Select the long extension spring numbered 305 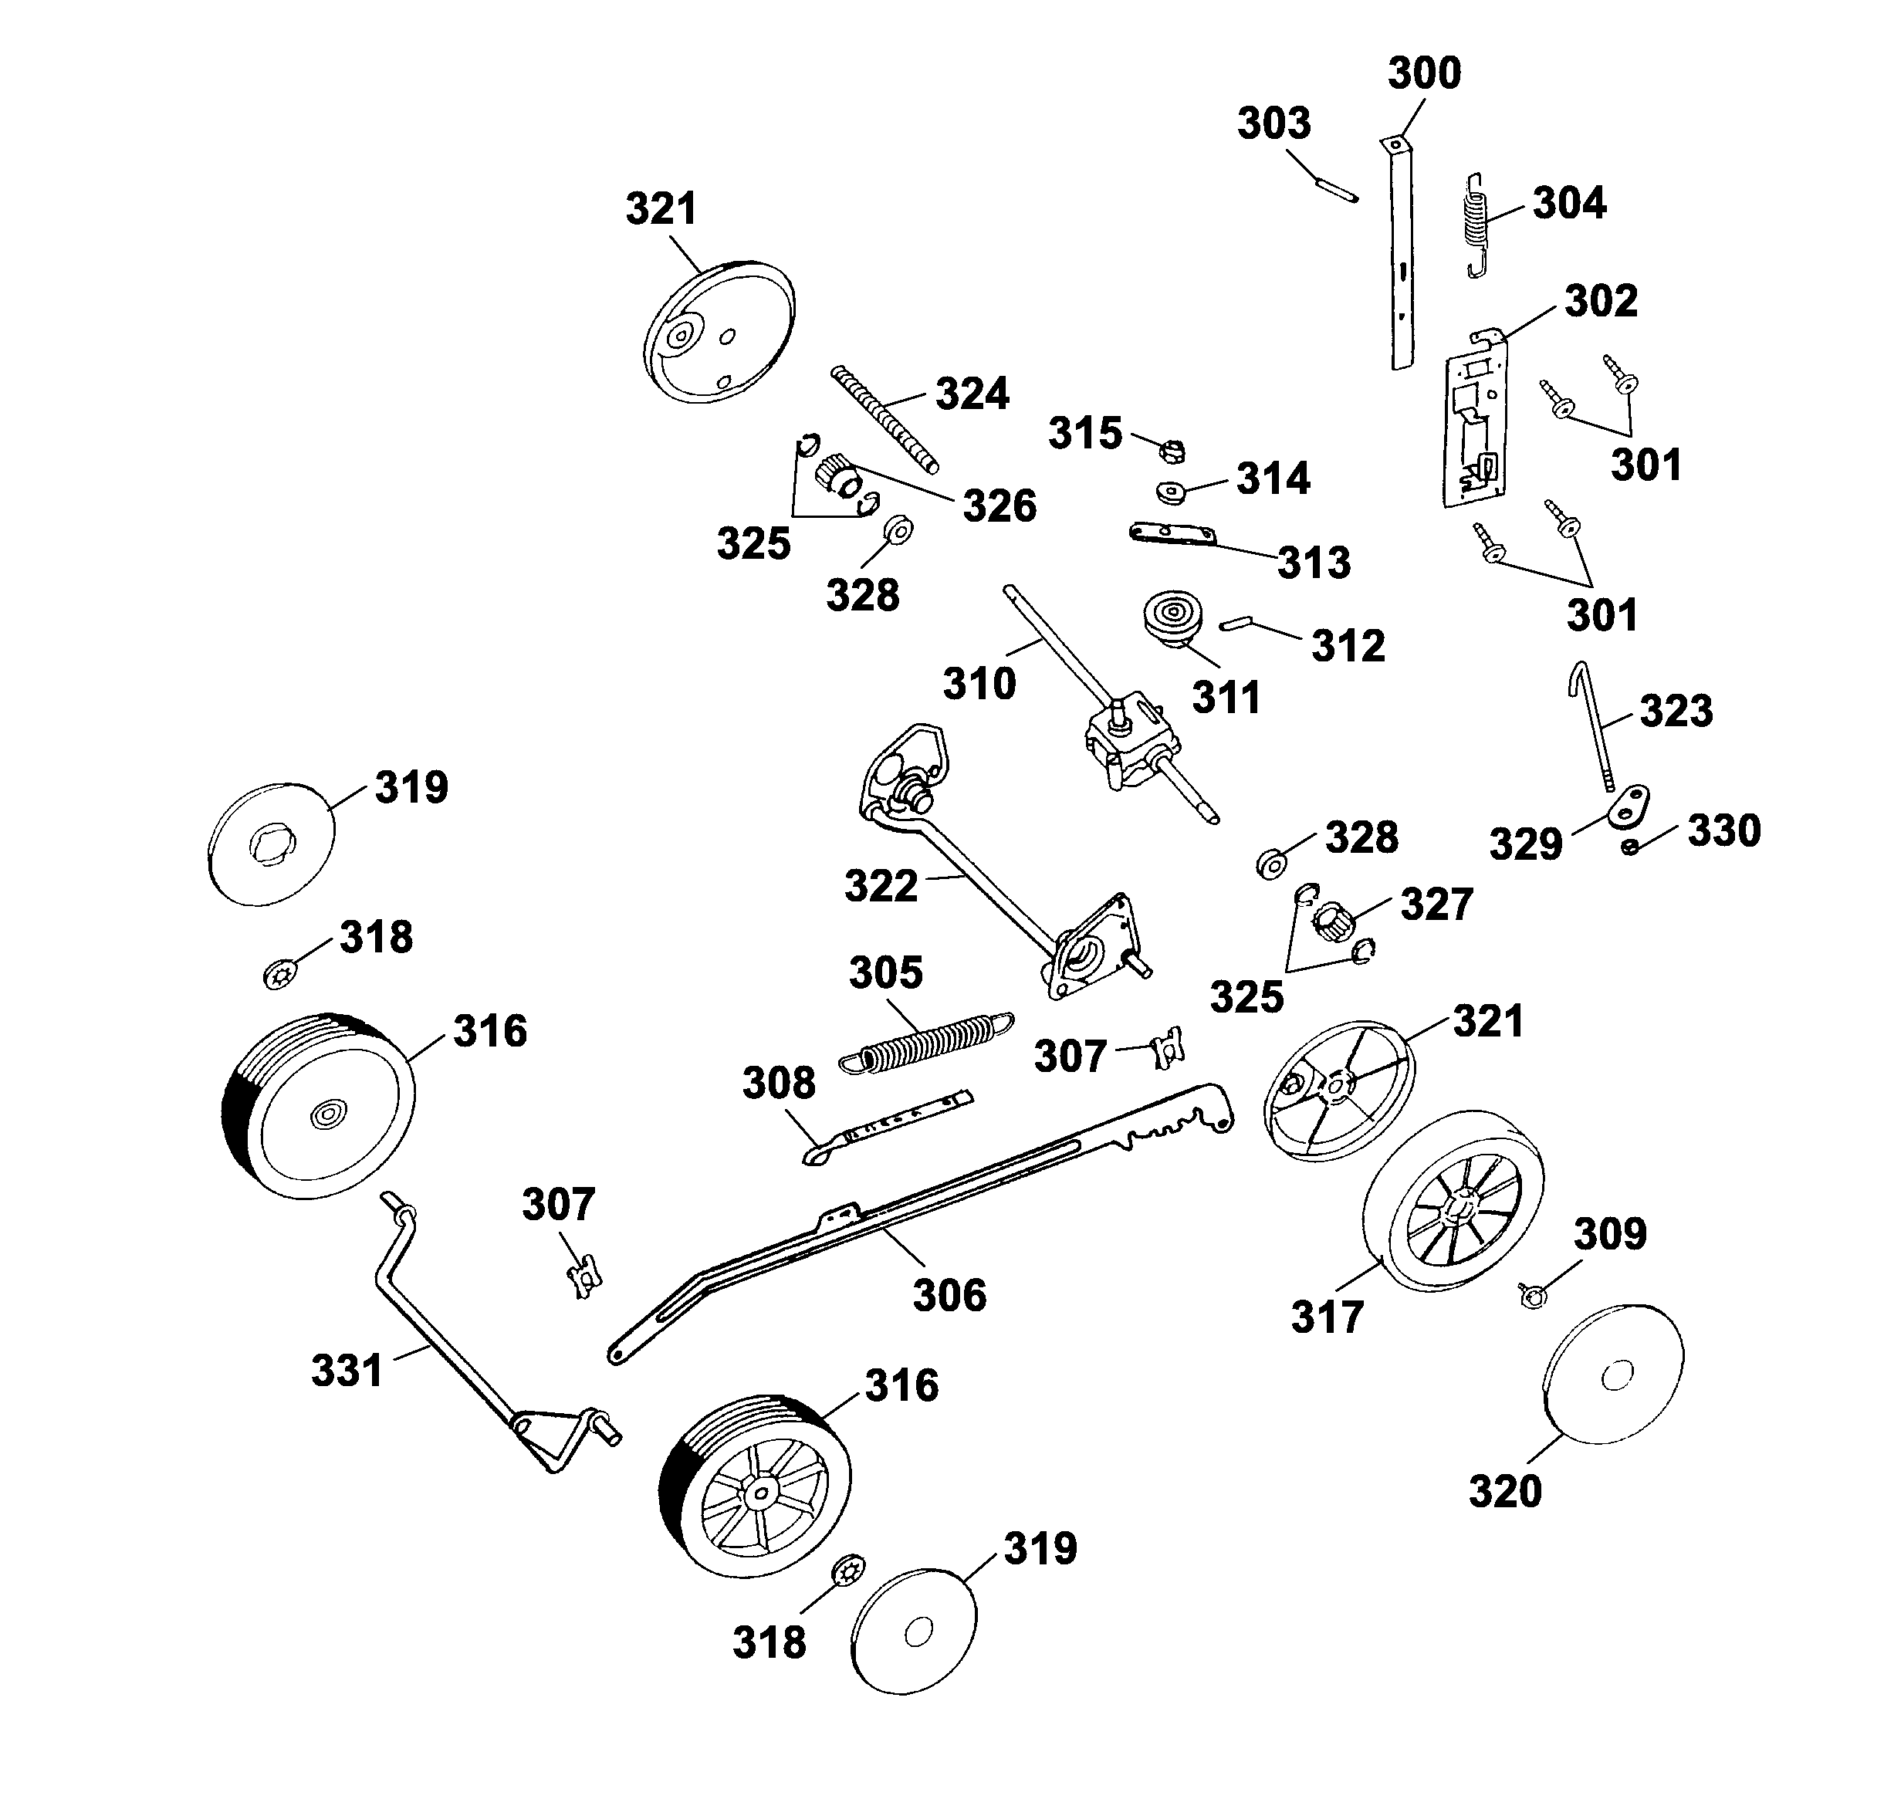(927, 1040)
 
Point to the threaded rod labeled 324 (884, 419)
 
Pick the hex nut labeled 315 (1172, 448)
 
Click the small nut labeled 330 (1630, 847)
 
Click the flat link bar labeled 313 (1172, 534)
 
